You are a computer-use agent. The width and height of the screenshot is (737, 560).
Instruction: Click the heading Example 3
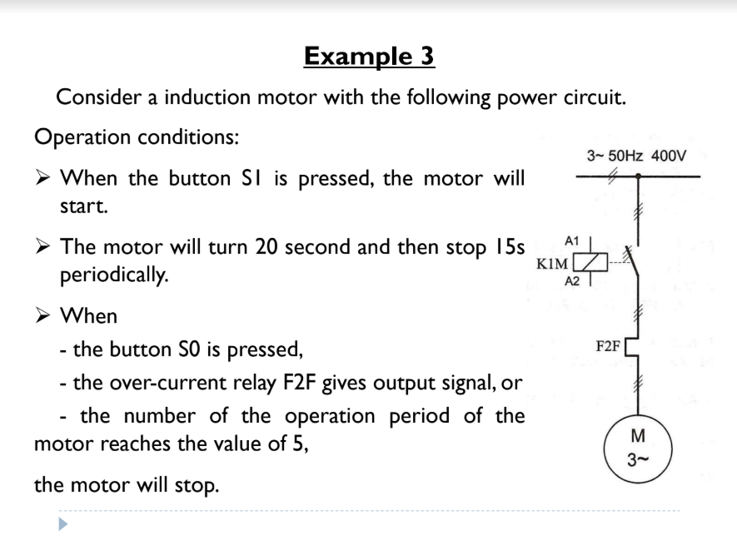(x=369, y=56)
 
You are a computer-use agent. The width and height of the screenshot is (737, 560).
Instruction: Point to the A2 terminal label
(x=572, y=282)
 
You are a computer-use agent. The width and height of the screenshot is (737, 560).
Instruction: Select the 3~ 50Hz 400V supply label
(x=636, y=156)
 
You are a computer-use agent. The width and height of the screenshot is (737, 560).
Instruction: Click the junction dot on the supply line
(x=638, y=176)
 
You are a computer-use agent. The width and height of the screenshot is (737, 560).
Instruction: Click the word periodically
(x=112, y=274)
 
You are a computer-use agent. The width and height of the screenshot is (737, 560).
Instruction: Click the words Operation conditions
(x=137, y=136)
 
